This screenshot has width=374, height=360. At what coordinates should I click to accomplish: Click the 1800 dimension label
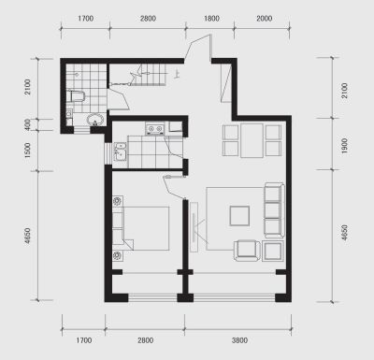211,19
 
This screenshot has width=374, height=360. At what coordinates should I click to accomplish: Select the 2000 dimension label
265,19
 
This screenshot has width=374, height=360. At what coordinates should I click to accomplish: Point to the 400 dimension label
28,124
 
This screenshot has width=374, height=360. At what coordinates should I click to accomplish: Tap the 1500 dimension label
28,151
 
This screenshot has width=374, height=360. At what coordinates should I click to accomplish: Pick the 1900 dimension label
344,146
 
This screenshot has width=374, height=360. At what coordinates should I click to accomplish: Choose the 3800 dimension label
239,340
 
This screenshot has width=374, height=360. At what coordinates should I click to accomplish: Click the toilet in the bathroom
76,96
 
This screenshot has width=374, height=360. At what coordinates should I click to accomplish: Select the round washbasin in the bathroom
95,120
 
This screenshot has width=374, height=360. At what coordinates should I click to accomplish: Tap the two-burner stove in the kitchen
155,129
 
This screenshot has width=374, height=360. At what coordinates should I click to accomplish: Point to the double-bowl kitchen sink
120,151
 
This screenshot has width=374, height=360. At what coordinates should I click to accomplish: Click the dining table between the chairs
252,140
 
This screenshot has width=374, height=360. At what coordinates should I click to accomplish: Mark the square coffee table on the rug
239,216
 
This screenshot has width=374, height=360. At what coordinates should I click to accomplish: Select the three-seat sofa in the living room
274,210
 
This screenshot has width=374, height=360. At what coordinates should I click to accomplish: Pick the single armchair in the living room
247,251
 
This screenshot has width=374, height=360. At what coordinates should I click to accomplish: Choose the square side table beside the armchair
273,251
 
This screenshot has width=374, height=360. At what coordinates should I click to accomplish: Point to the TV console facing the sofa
194,227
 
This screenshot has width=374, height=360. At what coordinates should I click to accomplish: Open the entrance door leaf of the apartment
198,46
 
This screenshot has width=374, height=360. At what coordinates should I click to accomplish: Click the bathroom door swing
119,97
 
